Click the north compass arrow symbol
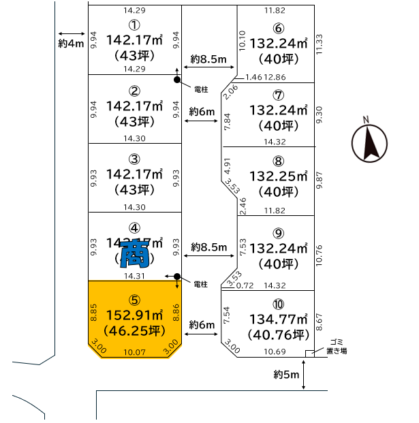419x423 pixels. tap(369, 142)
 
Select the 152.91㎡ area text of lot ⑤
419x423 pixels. tap(134, 316)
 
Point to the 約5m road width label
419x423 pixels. tap(286, 374)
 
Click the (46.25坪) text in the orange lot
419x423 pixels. tap(134, 332)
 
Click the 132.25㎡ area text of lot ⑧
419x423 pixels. tap(277, 176)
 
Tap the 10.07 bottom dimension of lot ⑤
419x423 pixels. tap(134, 352)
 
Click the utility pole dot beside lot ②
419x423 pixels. tap(177, 80)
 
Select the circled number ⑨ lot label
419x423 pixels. tap(277, 232)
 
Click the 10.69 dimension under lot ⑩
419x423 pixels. tap(275, 351)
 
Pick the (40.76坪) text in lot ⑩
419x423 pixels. tap(277, 334)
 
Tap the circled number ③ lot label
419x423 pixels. tap(135, 159)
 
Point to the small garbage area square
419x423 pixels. tap(310, 353)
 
